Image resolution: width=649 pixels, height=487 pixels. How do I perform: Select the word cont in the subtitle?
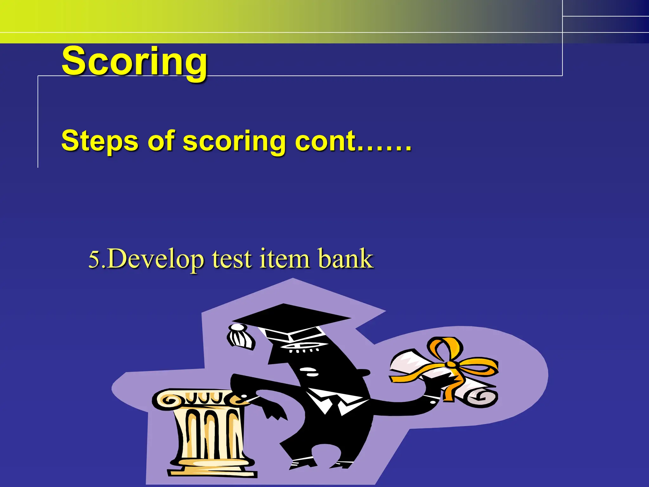[x=325, y=141]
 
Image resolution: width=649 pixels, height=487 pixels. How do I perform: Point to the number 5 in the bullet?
[x=94, y=259]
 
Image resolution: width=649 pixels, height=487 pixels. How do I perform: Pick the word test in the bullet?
[x=232, y=259]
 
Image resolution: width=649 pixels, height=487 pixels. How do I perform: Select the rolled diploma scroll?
[x=444, y=377]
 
